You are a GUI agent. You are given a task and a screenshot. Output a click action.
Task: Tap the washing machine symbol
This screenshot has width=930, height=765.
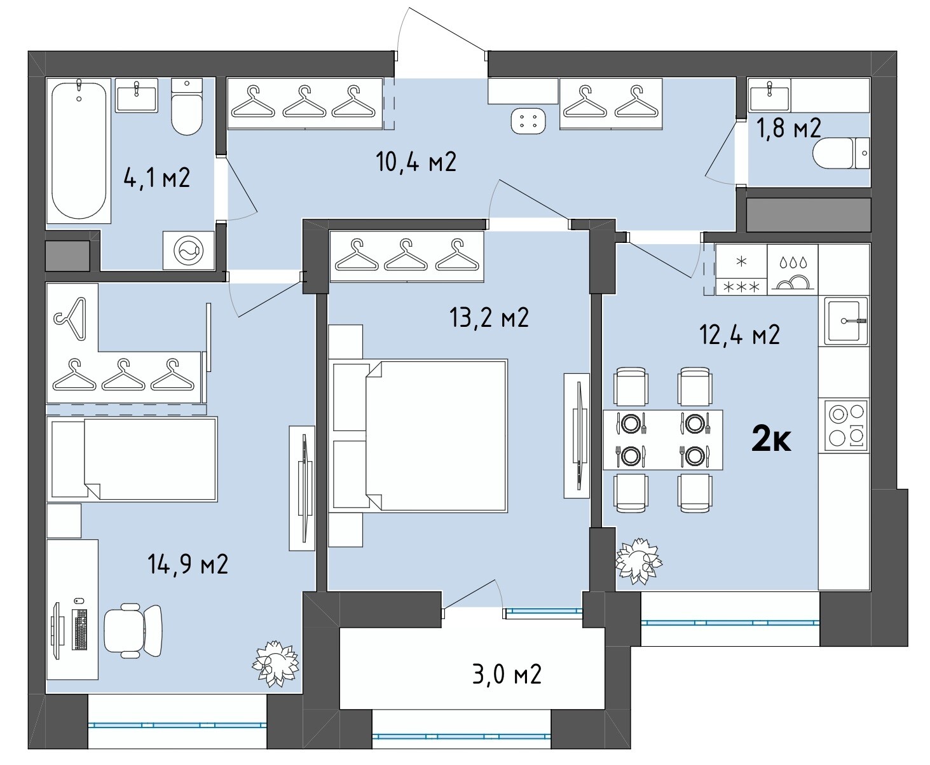click(189, 250)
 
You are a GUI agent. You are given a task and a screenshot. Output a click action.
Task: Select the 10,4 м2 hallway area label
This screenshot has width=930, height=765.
click(416, 162)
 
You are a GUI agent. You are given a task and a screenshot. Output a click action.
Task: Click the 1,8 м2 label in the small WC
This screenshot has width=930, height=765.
click(788, 128)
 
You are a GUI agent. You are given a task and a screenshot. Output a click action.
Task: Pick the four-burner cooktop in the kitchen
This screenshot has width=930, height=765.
click(844, 425)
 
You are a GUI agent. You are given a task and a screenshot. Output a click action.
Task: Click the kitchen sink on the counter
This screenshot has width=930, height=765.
click(844, 320)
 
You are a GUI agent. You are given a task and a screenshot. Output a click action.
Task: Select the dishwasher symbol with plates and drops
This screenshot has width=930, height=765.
click(793, 270)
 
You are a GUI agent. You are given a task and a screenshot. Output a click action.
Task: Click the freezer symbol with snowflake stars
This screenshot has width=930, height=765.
click(741, 270)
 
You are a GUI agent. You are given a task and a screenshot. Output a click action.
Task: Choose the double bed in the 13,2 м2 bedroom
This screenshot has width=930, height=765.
click(418, 436)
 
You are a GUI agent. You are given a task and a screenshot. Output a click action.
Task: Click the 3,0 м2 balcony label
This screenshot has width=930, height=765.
click(507, 675)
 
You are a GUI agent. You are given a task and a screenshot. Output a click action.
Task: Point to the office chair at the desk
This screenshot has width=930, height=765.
click(133, 631)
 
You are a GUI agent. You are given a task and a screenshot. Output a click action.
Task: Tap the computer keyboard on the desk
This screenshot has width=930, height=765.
click(80, 630)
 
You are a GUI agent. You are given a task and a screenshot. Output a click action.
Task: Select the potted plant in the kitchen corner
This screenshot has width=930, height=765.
click(639, 561)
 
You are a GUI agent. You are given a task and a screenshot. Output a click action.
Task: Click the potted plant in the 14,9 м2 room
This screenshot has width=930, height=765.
click(275, 663)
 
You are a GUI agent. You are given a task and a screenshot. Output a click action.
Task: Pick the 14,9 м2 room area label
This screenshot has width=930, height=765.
click(188, 564)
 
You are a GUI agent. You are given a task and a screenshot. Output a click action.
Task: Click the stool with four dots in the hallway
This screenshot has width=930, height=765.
click(528, 121)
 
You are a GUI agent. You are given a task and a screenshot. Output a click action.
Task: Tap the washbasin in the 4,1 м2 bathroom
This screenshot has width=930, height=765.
click(137, 96)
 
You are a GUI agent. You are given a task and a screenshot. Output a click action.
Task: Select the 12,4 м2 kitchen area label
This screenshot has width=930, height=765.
click(739, 334)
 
